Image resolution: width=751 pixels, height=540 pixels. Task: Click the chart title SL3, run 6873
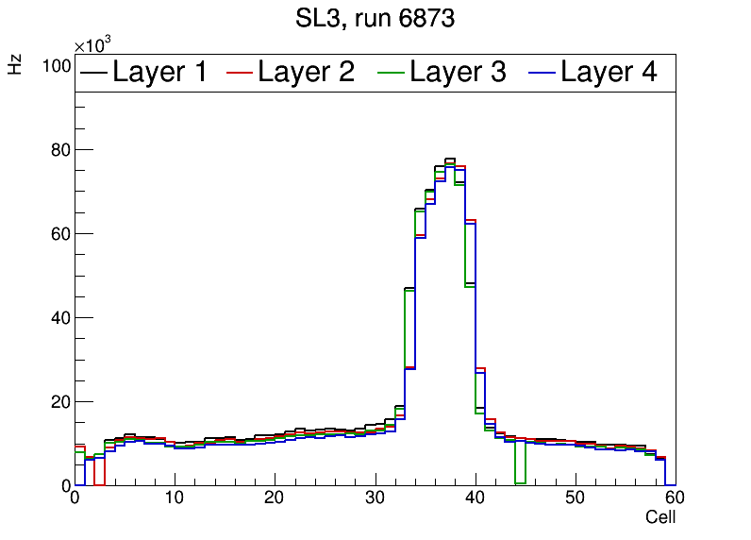[x=375, y=18]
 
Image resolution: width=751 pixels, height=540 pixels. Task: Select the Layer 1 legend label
[x=159, y=72]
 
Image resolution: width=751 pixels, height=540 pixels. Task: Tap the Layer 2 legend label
[x=306, y=72]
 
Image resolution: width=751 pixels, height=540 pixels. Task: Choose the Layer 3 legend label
[x=458, y=72]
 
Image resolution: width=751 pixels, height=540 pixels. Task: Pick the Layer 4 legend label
[x=609, y=72]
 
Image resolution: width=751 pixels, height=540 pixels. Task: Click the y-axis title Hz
[x=15, y=64]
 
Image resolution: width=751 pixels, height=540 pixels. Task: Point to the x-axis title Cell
[x=659, y=517]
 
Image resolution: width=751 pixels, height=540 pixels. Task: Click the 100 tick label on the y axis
[x=58, y=66]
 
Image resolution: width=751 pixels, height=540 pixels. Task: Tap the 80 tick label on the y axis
[x=61, y=150]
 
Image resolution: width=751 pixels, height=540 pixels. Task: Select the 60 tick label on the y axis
[x=61, y=234]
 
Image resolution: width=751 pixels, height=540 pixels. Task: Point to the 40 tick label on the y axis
[x=61, y=318]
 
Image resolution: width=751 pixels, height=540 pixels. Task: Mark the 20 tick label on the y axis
[x=61, y=402]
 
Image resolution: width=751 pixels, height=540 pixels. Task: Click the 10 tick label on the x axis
[x=175, y=499]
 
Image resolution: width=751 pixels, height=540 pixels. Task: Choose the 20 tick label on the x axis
[x=275, y=499]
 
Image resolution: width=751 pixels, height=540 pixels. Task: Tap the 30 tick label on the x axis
[x=375, y=499]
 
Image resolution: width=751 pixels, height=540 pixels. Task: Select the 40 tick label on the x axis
[x=475, y=499]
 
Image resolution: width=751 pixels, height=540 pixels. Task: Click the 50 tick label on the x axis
[x=575, y=499]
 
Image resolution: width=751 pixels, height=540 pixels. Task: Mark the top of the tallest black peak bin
[x=450, y=159]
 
